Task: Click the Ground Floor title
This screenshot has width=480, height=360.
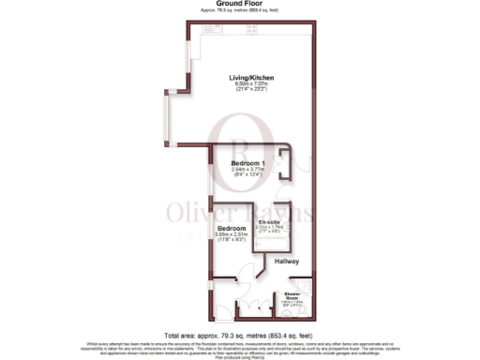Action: [239, 4]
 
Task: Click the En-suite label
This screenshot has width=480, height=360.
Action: [269, 221]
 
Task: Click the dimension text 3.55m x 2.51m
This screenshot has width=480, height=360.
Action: [231, 234]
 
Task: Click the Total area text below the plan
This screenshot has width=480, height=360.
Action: [239, 335]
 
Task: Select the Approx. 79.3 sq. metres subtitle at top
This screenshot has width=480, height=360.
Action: [239, 10]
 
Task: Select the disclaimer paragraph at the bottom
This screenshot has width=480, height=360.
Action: [239, 349]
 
